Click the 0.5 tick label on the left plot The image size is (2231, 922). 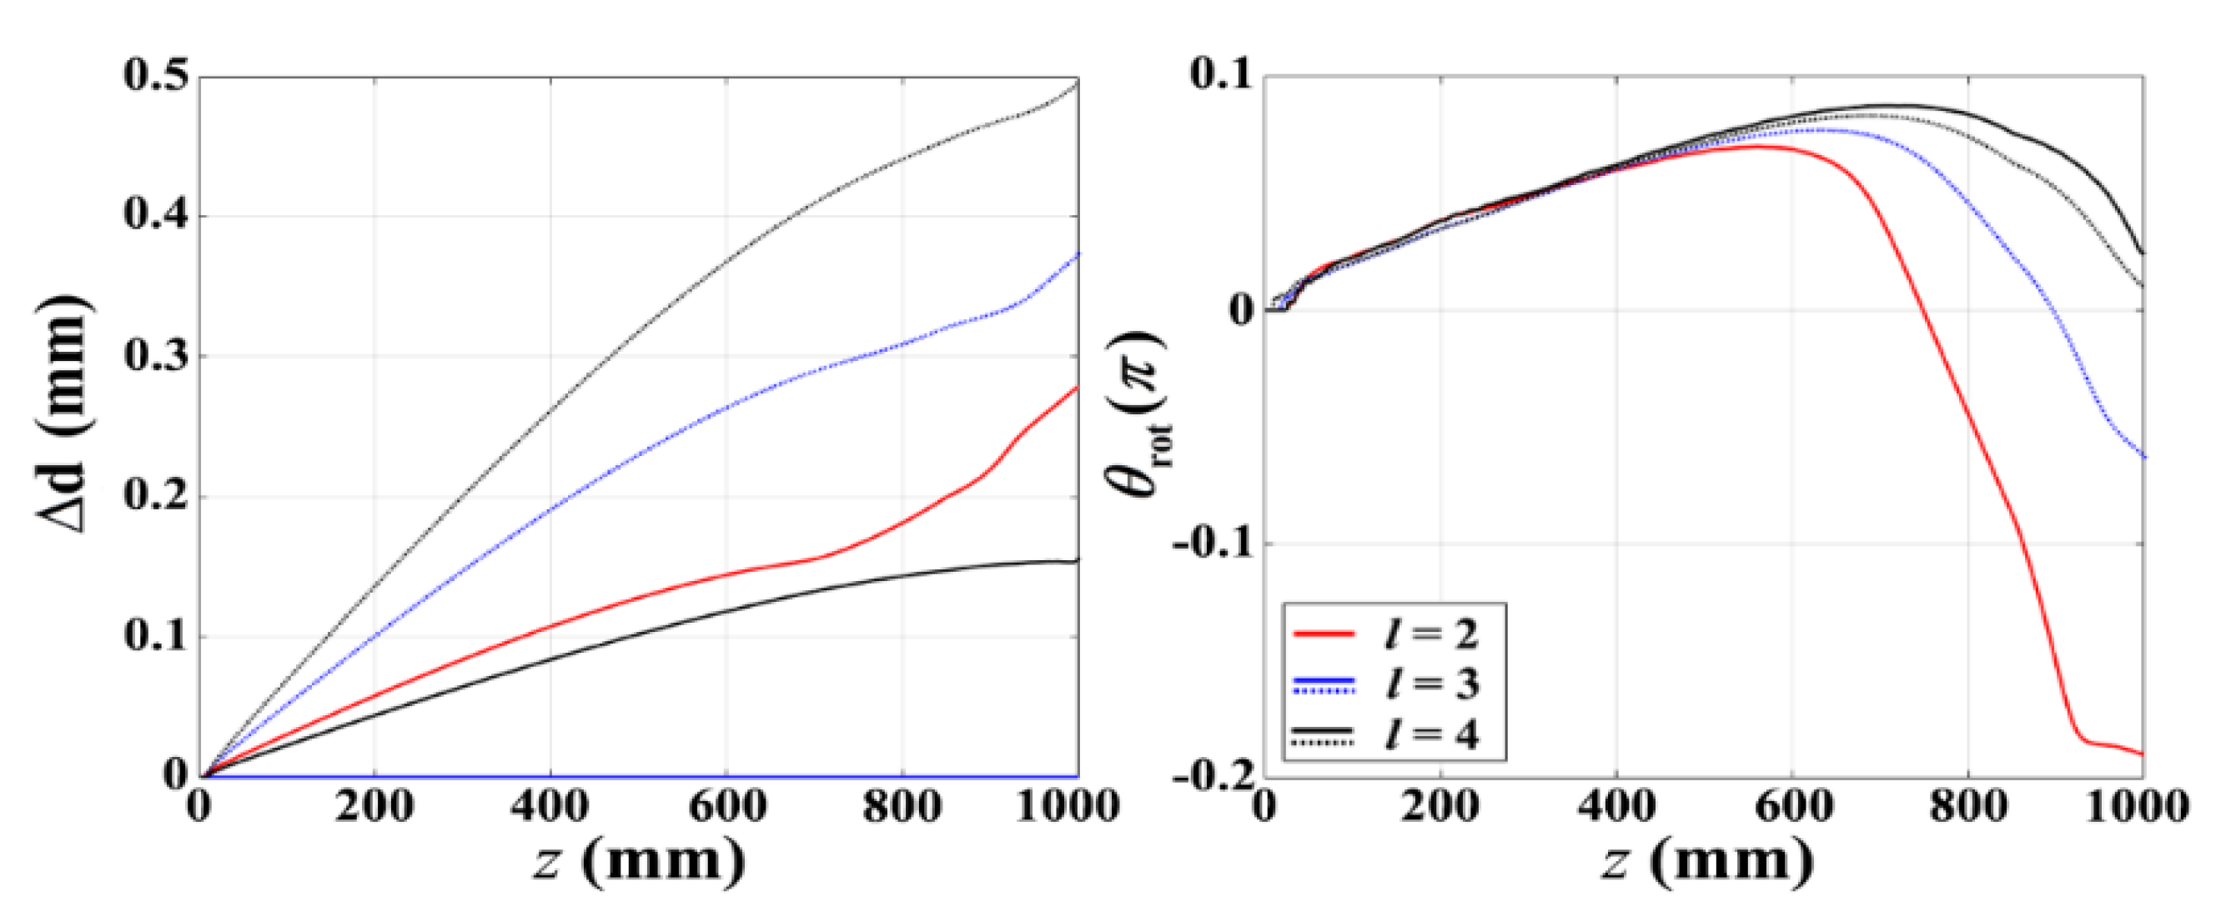(x=156, y=76)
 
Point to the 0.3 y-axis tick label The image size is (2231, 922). (x=156, y=356)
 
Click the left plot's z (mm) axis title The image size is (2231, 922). (x=639, y=862)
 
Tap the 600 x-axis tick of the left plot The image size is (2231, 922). (x=726, y=808)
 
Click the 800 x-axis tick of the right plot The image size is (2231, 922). (x=1968, y=808)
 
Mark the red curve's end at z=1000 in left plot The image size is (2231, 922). (x=1078, y=387)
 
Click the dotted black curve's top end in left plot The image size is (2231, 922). (x=1078, y=83)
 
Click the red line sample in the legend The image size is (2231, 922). (x=1323, y=634)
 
